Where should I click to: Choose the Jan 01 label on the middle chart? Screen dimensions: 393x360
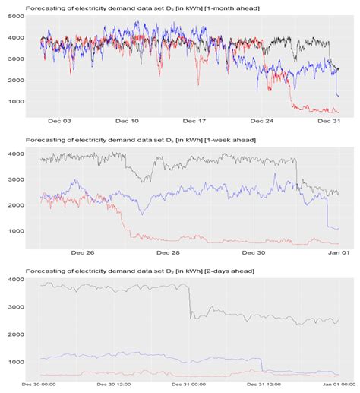[336, 252]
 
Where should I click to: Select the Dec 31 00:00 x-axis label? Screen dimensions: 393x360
[190, 385]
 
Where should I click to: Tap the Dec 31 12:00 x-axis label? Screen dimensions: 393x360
[265, 385]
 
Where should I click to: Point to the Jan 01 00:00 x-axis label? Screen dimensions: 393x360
[335, 385]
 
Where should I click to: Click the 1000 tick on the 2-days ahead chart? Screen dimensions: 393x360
[16, 362]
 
